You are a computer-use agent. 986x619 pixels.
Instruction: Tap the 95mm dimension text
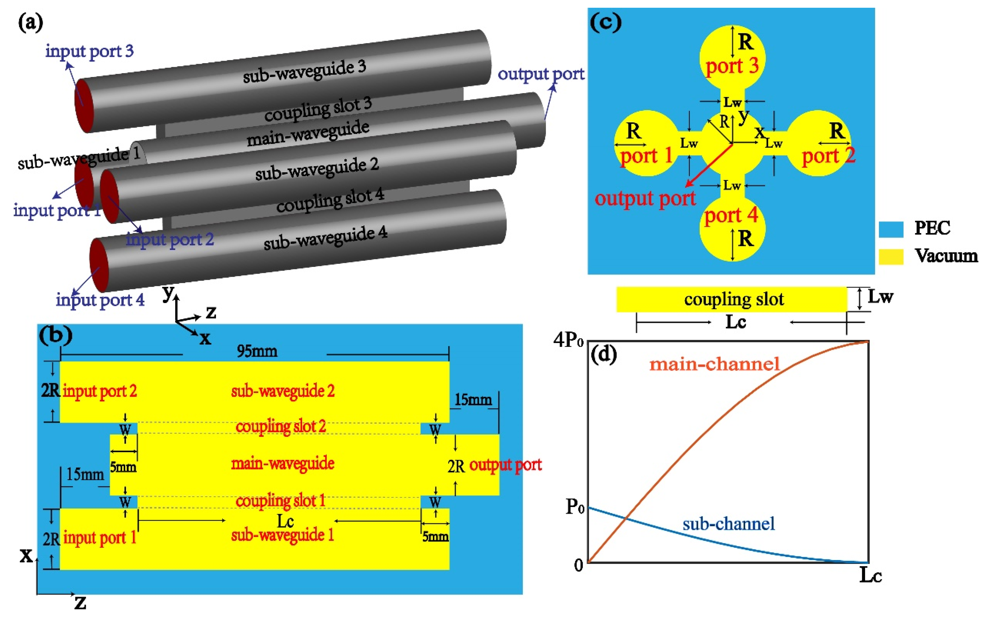pyautogui.click(x=257, y=351)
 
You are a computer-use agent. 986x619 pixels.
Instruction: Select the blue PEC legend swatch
pyautogui.click(x=891, y=229)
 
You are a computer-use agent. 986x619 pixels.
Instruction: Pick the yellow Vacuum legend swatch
pyautogui.click(x=891, y=257)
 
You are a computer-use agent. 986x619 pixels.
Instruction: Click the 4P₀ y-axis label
pyautogui.click(x=568, y=340)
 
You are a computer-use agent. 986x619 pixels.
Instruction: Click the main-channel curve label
pyautogui.click(x=714, y=364)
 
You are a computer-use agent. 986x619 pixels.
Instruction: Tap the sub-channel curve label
pyautogui.click(x=729, y=524)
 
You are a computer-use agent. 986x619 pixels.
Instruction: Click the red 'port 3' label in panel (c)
pyautogui.click(x=732, y=65)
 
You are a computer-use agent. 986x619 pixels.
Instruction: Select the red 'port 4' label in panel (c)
pyautogui.click(x=731, y=215)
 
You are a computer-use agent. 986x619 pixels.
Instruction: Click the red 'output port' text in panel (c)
pyautogui.click(x=645, y=199)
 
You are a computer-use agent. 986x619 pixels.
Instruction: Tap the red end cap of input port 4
pyautogui.click(x=99, y=265)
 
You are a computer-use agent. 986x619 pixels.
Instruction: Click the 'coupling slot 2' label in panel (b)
pyautogui.click(x=281, y=427)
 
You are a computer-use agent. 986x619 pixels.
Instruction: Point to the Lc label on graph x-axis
pyautogui.click(x=870, y=575)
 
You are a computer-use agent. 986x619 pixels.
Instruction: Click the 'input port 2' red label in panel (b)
pyautogui.click(x=100, y=391)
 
